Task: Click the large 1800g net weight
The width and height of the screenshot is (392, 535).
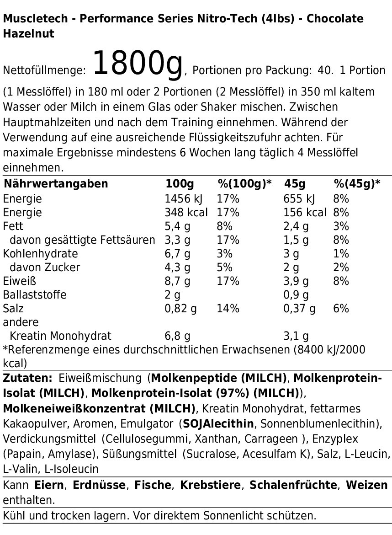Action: point(138,64)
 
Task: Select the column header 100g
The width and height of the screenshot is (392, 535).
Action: point(180,184)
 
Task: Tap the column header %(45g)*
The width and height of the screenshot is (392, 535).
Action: point(357,184)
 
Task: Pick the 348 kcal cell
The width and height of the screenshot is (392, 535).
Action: point(186,213)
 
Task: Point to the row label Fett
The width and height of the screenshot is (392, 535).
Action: point(13,226)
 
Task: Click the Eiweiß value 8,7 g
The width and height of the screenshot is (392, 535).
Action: point(177,281)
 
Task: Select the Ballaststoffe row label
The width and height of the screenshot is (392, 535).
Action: point(34,294)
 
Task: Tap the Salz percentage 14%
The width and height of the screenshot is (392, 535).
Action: point(228,308)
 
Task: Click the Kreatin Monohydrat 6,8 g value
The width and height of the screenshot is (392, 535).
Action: point(177,336)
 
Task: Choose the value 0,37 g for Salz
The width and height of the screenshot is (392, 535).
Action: point(299,308)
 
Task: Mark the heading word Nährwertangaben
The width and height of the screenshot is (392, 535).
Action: point(56,184)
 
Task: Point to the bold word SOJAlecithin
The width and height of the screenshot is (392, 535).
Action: point(218,423)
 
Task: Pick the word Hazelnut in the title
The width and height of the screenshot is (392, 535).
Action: point(28,34)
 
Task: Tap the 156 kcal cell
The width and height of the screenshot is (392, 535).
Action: point(305,213)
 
